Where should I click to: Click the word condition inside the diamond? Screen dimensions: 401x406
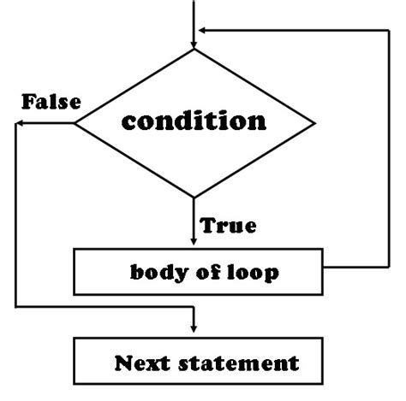(x=194, y=121)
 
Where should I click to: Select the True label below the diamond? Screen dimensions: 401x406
(x=227, y=227)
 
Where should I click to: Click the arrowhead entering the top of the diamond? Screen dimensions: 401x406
(x=195, y=43)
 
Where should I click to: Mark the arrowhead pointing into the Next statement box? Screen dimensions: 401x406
(x=195, y=329)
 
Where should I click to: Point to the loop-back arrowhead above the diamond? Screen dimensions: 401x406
(x=204, y=31)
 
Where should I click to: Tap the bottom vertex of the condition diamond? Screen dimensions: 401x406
(x=195, y=198)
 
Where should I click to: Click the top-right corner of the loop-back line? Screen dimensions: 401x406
(x=390, y=31)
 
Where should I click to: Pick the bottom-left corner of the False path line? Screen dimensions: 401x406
(x=15, y=306)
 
